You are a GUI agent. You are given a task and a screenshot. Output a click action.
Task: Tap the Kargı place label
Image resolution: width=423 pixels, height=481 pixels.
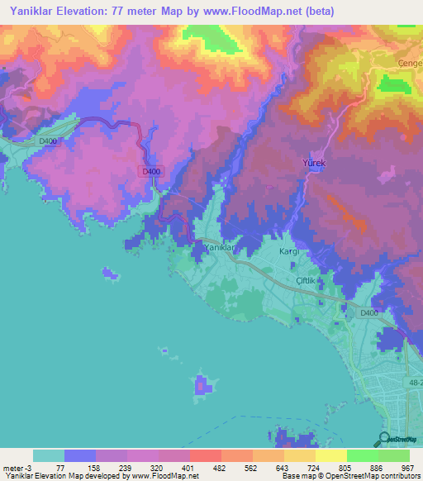(x=288, y=250)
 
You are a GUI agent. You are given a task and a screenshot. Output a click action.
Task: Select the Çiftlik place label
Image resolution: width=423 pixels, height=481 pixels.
(x=307, y=281)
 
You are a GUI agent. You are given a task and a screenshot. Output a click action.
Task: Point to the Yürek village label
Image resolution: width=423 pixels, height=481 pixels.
(x=315, y=164)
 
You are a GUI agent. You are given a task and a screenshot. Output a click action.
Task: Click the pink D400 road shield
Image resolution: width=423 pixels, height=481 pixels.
(x=150, y=171)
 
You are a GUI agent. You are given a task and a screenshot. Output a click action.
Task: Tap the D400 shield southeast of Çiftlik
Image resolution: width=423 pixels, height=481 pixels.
(x=368, y=312)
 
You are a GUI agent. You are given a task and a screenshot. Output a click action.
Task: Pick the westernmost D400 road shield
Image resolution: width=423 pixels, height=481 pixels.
(x=50, y=141)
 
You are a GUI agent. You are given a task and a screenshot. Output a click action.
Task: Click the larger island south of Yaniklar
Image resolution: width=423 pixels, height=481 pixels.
(x=202, y=384)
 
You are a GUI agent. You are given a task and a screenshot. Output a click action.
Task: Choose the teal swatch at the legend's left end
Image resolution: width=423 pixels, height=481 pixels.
(x=49, y=455)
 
